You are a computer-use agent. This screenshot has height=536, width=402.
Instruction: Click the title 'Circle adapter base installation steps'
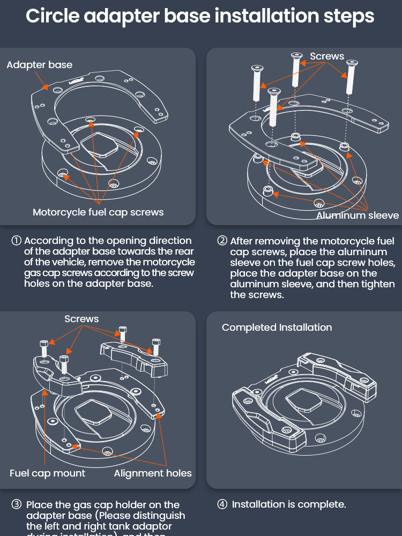[x=200, y=16]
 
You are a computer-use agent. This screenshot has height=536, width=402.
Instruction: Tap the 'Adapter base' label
[x=39, y=65]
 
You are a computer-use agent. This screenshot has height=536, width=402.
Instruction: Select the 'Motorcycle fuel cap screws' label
[x=98, y=212]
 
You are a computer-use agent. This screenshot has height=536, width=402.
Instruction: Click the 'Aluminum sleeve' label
[x=358, y=215]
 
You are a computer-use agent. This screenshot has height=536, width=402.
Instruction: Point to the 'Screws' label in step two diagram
[x=327, y=56]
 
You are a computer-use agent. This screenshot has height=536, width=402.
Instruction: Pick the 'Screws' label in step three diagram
[x=81, y=319]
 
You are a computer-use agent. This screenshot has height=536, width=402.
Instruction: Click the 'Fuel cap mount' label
[x=47, y=473]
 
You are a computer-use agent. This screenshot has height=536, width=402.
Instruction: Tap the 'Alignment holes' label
[x=152, y=473]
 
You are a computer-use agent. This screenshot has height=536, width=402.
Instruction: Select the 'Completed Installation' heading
[x=277, y=327]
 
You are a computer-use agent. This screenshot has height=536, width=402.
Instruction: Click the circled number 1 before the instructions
[x=17, y=241]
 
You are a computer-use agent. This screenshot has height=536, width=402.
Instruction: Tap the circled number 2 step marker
[x=222, y=241]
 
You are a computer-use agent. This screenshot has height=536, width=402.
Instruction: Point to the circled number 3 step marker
[x=17, y=505]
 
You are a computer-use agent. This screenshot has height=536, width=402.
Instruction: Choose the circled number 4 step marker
[x=222, y=504]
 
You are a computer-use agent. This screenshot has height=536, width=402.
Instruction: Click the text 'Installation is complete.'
[x=289, y=504]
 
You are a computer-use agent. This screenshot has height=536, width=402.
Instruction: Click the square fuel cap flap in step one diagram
[x=100, y=145]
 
